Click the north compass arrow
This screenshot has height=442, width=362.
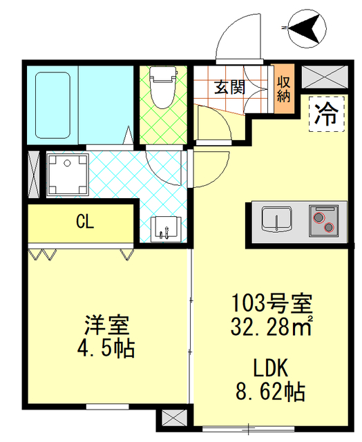tap(307, 28)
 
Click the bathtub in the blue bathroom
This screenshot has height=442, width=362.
tap(53, 104)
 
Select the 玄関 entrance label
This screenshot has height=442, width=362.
tap(229, 87)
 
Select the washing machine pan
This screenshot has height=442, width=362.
tap(67, 174)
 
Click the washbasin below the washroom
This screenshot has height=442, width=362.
tap(164, 228)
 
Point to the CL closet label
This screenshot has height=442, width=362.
tap(85, 222)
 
